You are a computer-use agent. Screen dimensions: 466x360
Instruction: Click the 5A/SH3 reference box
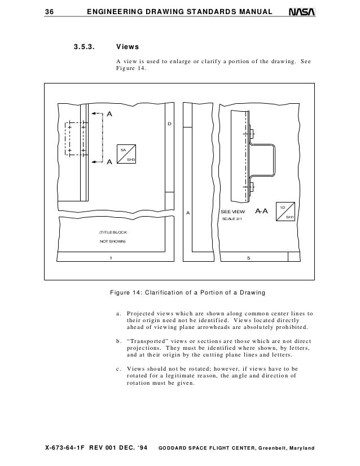pyautogui.click(x=128, y=154)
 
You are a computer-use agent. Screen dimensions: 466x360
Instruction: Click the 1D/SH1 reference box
pyautogui.click(x=286, y=212)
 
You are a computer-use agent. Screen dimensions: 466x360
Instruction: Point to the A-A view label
pyautogui.click(x=261, y=212)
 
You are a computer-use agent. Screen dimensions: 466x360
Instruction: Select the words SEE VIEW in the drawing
pyautogui.click(x=232, y=212)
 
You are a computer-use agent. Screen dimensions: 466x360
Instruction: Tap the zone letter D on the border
pyautogui.click(x=168, y=124)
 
